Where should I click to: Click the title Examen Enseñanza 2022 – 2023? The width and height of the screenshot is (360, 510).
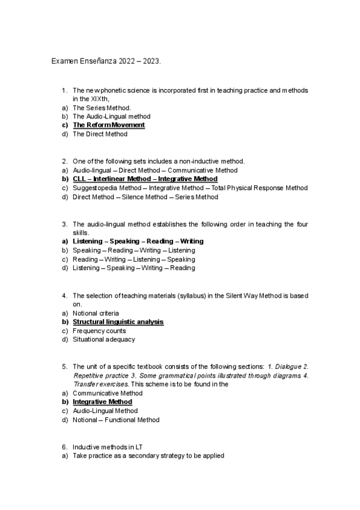tap(106, 61)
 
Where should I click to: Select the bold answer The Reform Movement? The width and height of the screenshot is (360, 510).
tap(109, 125)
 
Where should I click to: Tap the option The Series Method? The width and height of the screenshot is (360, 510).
tap(102, 108)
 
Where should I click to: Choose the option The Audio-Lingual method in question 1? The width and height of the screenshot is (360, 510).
tap(111, 116)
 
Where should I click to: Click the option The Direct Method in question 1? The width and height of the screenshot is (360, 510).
tap(100, 134)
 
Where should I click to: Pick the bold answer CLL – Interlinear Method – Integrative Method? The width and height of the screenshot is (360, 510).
tap(145, 179)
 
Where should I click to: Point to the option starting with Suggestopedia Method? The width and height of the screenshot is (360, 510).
tap(190, 188)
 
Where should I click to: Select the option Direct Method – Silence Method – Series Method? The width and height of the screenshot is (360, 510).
tap(145, 197)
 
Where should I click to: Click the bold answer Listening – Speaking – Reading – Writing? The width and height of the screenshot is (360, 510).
tap(138, 241)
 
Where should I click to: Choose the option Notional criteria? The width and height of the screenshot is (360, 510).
tap(96, 313)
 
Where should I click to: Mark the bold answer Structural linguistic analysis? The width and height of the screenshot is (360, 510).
tap(118, 322)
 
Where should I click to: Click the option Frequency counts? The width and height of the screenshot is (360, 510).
tap(99, 331)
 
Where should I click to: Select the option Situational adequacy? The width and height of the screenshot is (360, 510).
tap(104, 339)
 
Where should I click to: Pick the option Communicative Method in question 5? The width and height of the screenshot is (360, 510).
tap(108, 393)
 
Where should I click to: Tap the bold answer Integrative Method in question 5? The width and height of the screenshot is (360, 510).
tap(102, 402)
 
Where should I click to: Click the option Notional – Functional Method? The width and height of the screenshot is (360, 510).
tap(116, 420)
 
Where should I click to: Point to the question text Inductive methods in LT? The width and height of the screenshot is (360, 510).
tap(106, 447)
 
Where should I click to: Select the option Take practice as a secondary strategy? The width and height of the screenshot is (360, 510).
tap(148, 456)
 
